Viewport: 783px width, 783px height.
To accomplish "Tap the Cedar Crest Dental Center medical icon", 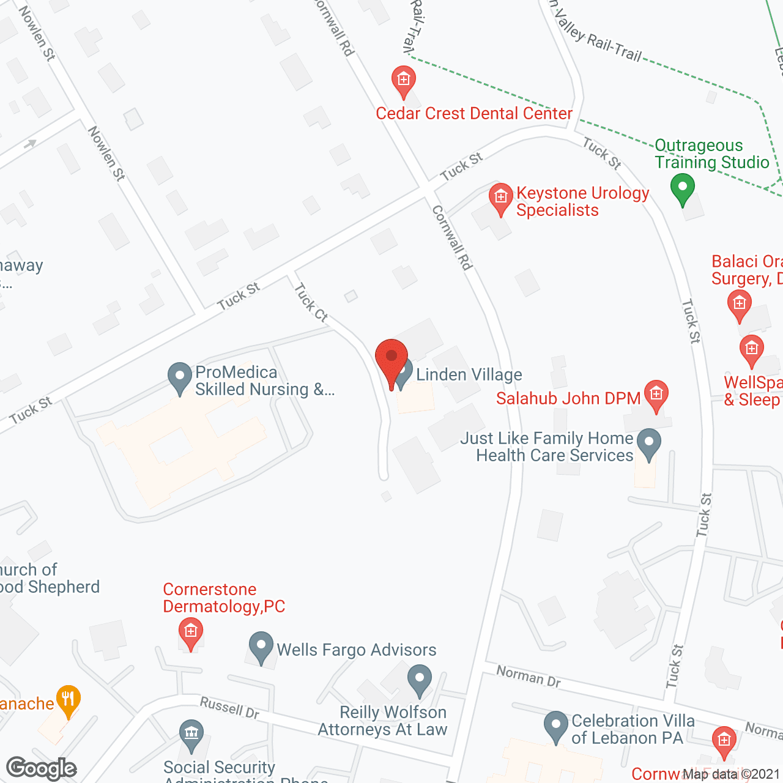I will [x=403, y=80].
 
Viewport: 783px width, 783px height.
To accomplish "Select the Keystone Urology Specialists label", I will [x=582, y=201].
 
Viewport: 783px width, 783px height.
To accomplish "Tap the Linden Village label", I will [x=469, y=374].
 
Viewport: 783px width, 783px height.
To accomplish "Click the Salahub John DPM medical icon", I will [x=656, y=395].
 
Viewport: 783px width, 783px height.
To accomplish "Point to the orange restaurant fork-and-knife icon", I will [x=68, y=699].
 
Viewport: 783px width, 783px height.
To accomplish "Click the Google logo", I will [x=42, y=768].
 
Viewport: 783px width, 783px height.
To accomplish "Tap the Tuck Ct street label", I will [x=311, y=302].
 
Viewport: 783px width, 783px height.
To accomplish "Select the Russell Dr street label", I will [x=229, y=708].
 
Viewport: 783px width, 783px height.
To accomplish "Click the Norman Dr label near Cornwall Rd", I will [x=528, y=676].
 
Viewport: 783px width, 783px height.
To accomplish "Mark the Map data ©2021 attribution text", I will [x=732, y=774].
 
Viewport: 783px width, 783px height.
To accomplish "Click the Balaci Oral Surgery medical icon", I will [x=739, y=303].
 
